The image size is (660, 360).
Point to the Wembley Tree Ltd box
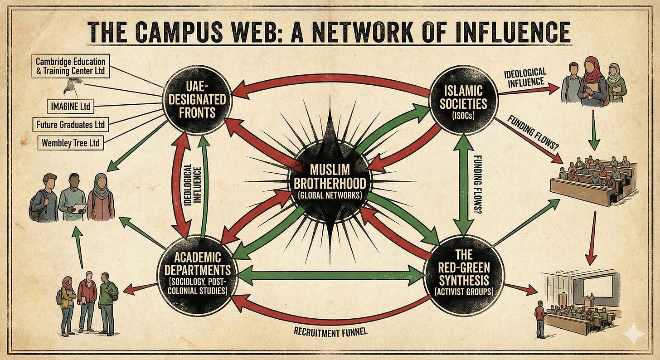coord(70,142)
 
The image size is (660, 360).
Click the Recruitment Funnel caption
coord(330,331)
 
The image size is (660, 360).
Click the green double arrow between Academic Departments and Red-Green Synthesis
coord(330,275)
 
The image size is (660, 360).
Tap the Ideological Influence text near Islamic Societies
coord(524,77)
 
